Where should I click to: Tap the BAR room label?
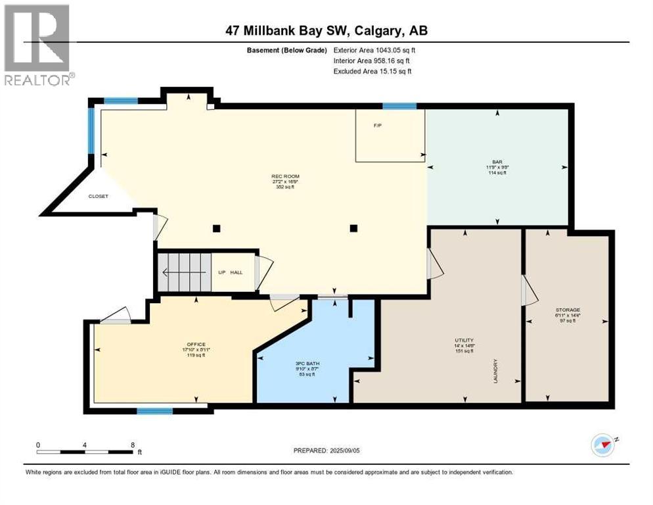tap(497, 161)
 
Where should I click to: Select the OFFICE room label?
tap(196, 345)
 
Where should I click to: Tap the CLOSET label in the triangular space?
tap(99, 196)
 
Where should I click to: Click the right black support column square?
tap(353, 229)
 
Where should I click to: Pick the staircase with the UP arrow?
tap(185, 272)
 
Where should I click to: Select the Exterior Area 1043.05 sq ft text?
tap(374, 49)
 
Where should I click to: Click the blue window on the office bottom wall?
tap(155, 411)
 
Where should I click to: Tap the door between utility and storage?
tap(525, 291)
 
